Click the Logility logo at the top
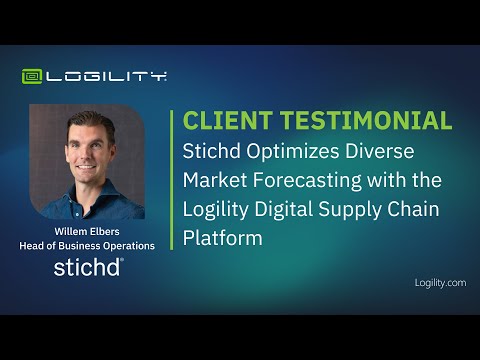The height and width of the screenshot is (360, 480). pos(94,76)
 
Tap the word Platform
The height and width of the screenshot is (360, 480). pos(223,238)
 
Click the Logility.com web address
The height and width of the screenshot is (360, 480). pos(440,283)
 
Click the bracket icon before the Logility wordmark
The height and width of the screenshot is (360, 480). pos(33,76)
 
